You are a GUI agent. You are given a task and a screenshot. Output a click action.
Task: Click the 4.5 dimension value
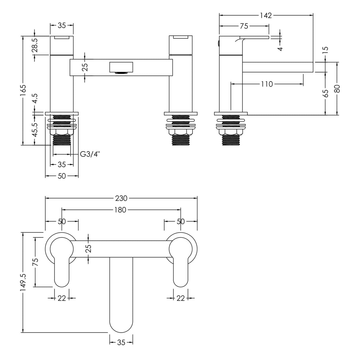click(x=35, y=98)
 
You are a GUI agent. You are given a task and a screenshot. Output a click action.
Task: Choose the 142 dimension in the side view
click(x=266, y=15)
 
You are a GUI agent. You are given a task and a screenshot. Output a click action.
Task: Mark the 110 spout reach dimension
click(x=267, y=84)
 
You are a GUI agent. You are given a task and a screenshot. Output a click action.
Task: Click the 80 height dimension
click(x=337, y=88)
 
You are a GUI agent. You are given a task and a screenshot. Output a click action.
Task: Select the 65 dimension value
click(x=326, y=93)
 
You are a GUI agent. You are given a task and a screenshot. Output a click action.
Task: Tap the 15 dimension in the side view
click(x=326, y=49)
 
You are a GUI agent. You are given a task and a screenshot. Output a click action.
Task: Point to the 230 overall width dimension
click(x=121, y=198)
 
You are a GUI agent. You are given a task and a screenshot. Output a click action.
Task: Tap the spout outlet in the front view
click(x=121, y=67)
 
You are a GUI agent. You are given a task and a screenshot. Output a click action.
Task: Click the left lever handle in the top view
click(x=62, y=271)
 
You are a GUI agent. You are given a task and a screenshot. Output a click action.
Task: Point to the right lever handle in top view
click(x=181, y=271)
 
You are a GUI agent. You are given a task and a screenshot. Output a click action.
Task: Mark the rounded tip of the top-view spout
click(x=121, y=326)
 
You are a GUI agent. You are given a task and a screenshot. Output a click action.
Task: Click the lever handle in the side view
click(x=255, y=37)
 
